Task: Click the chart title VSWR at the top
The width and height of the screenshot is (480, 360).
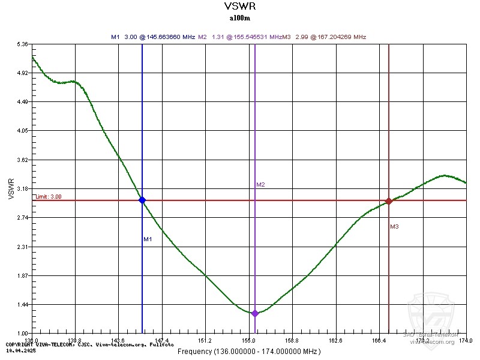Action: [x=239, y=7]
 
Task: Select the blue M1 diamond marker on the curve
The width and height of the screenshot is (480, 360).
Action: [x=142, y=200]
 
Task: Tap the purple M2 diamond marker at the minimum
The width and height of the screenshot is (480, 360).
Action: [x=255, y=313]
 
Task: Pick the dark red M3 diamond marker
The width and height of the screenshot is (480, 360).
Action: [x=389, y=201]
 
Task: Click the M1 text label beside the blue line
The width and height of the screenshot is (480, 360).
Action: [x=148, y=239]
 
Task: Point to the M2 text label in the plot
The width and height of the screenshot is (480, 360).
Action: [x=260, y=185]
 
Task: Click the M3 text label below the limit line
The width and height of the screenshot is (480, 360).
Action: [x=394, y=227]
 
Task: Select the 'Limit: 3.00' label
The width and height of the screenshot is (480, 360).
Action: [x=48, y=197]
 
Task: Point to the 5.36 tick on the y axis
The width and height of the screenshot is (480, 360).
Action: [x=23, y=44]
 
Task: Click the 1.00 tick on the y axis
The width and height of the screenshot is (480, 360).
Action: [x=23, y=334]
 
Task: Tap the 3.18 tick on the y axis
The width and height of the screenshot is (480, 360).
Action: [x=23, y=189]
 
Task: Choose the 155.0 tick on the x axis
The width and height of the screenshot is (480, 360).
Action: [x=249, y=340]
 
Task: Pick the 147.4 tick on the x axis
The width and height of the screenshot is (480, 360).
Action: [x=162, y=340]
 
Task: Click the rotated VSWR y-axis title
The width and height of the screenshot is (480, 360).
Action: [x=11, y=189]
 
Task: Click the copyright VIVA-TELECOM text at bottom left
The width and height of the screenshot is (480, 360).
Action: [x=90, y=344]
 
